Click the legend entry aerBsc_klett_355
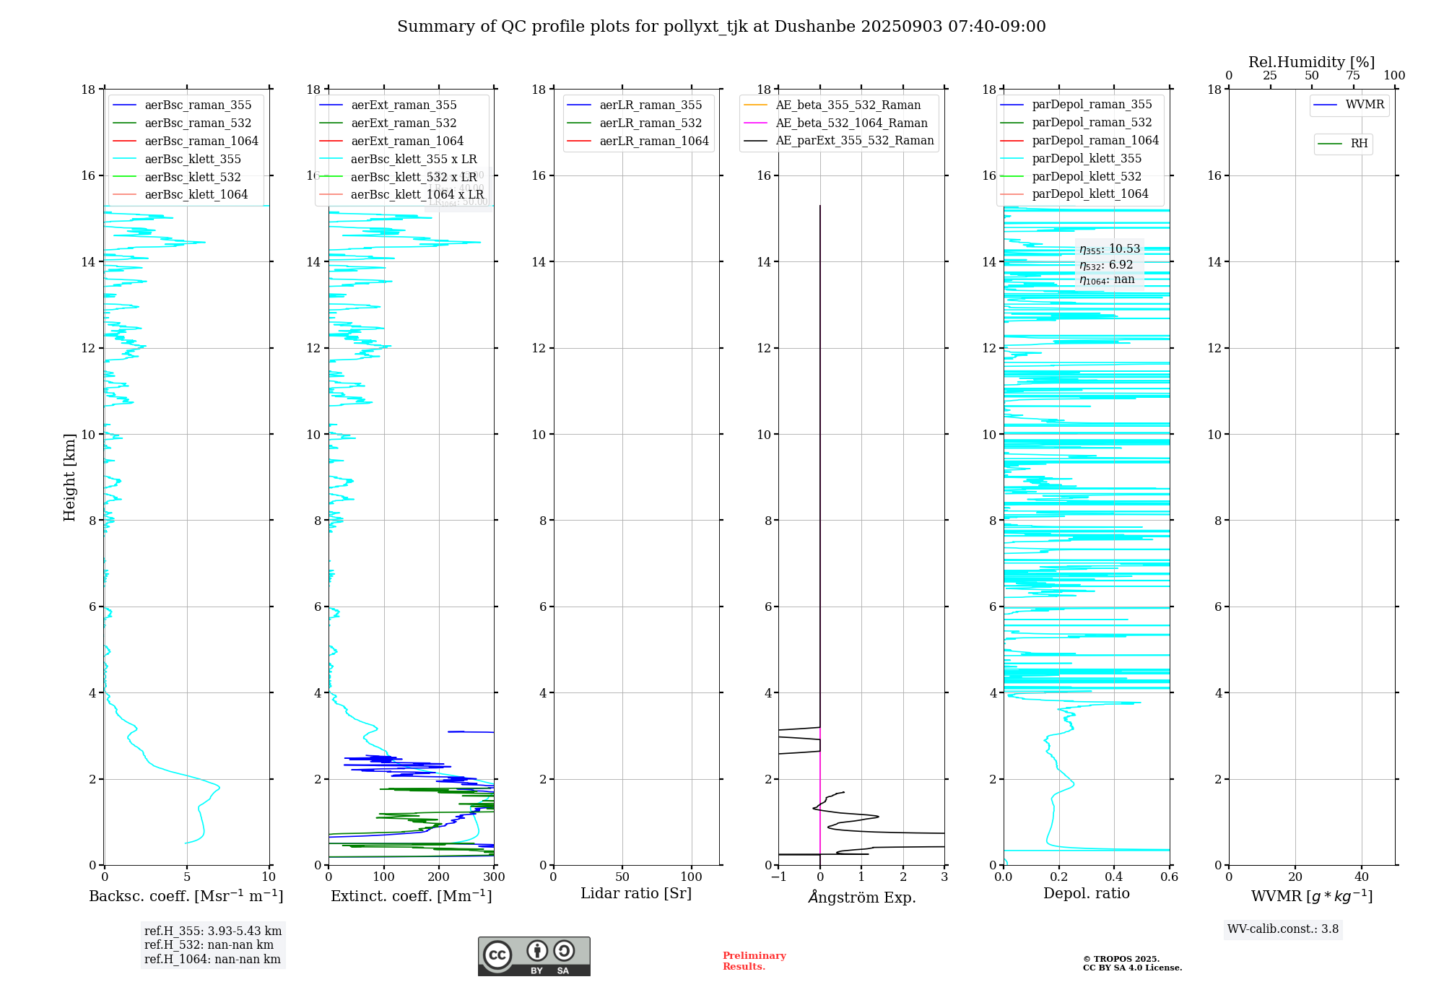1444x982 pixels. tap(192, 159)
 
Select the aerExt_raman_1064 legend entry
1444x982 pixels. tap(406, 141)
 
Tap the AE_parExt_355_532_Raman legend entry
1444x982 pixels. tap(854, 141)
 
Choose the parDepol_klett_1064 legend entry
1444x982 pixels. tap(1089, 194)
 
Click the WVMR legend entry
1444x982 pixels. tap(1365, 105)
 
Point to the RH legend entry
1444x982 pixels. tap(1359, 144)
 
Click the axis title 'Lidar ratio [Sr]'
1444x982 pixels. tap(636, 893)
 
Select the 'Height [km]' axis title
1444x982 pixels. tap(69, 477)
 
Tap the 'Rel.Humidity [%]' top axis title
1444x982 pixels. tap(1311, 62)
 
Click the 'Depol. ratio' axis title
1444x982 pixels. tap(1086, 893)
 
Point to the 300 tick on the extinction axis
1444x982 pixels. tap(494, 877)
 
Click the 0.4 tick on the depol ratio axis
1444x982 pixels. tap(1114, 877)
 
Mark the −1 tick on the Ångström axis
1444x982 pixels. tap(778, 877)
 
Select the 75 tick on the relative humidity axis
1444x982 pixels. tap(1353, 76)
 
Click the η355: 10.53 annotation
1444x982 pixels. tap(1109, 249)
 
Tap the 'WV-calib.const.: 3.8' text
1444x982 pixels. tap(1283, 929)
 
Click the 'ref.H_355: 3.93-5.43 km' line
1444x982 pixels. tap(213, 931)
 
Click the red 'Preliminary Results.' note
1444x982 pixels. tap(754, 961)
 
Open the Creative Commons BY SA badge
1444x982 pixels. tap(534, 956)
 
